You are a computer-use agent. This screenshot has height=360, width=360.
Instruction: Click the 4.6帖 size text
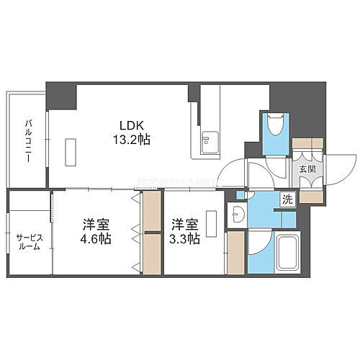(x=96, y=239)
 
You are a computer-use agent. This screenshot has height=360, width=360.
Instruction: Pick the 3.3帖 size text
(x=184, y=239)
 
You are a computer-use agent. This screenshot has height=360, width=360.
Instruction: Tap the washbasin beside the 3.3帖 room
(x=236, y=214)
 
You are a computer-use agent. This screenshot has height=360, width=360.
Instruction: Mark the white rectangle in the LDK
(x=70, y=153)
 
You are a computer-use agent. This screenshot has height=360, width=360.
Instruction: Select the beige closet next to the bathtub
(x=235, y=253)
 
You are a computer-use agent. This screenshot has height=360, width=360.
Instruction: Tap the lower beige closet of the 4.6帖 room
(x=151, y=253)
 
